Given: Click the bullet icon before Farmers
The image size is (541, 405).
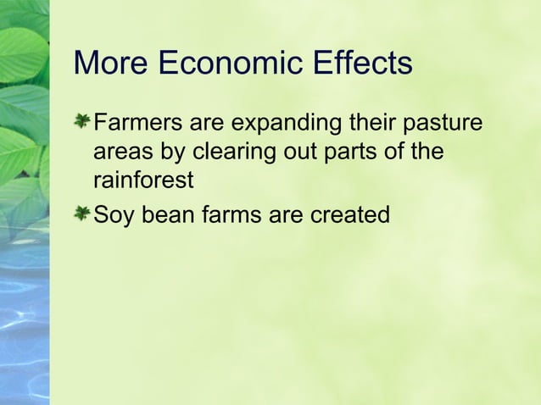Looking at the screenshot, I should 81,124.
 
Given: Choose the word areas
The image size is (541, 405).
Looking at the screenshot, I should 119,153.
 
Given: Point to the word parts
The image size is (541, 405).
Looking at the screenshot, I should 351,154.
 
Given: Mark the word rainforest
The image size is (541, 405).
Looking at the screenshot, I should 143,181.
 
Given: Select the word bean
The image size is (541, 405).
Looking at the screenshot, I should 169,215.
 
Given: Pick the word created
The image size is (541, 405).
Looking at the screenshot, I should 349,215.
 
